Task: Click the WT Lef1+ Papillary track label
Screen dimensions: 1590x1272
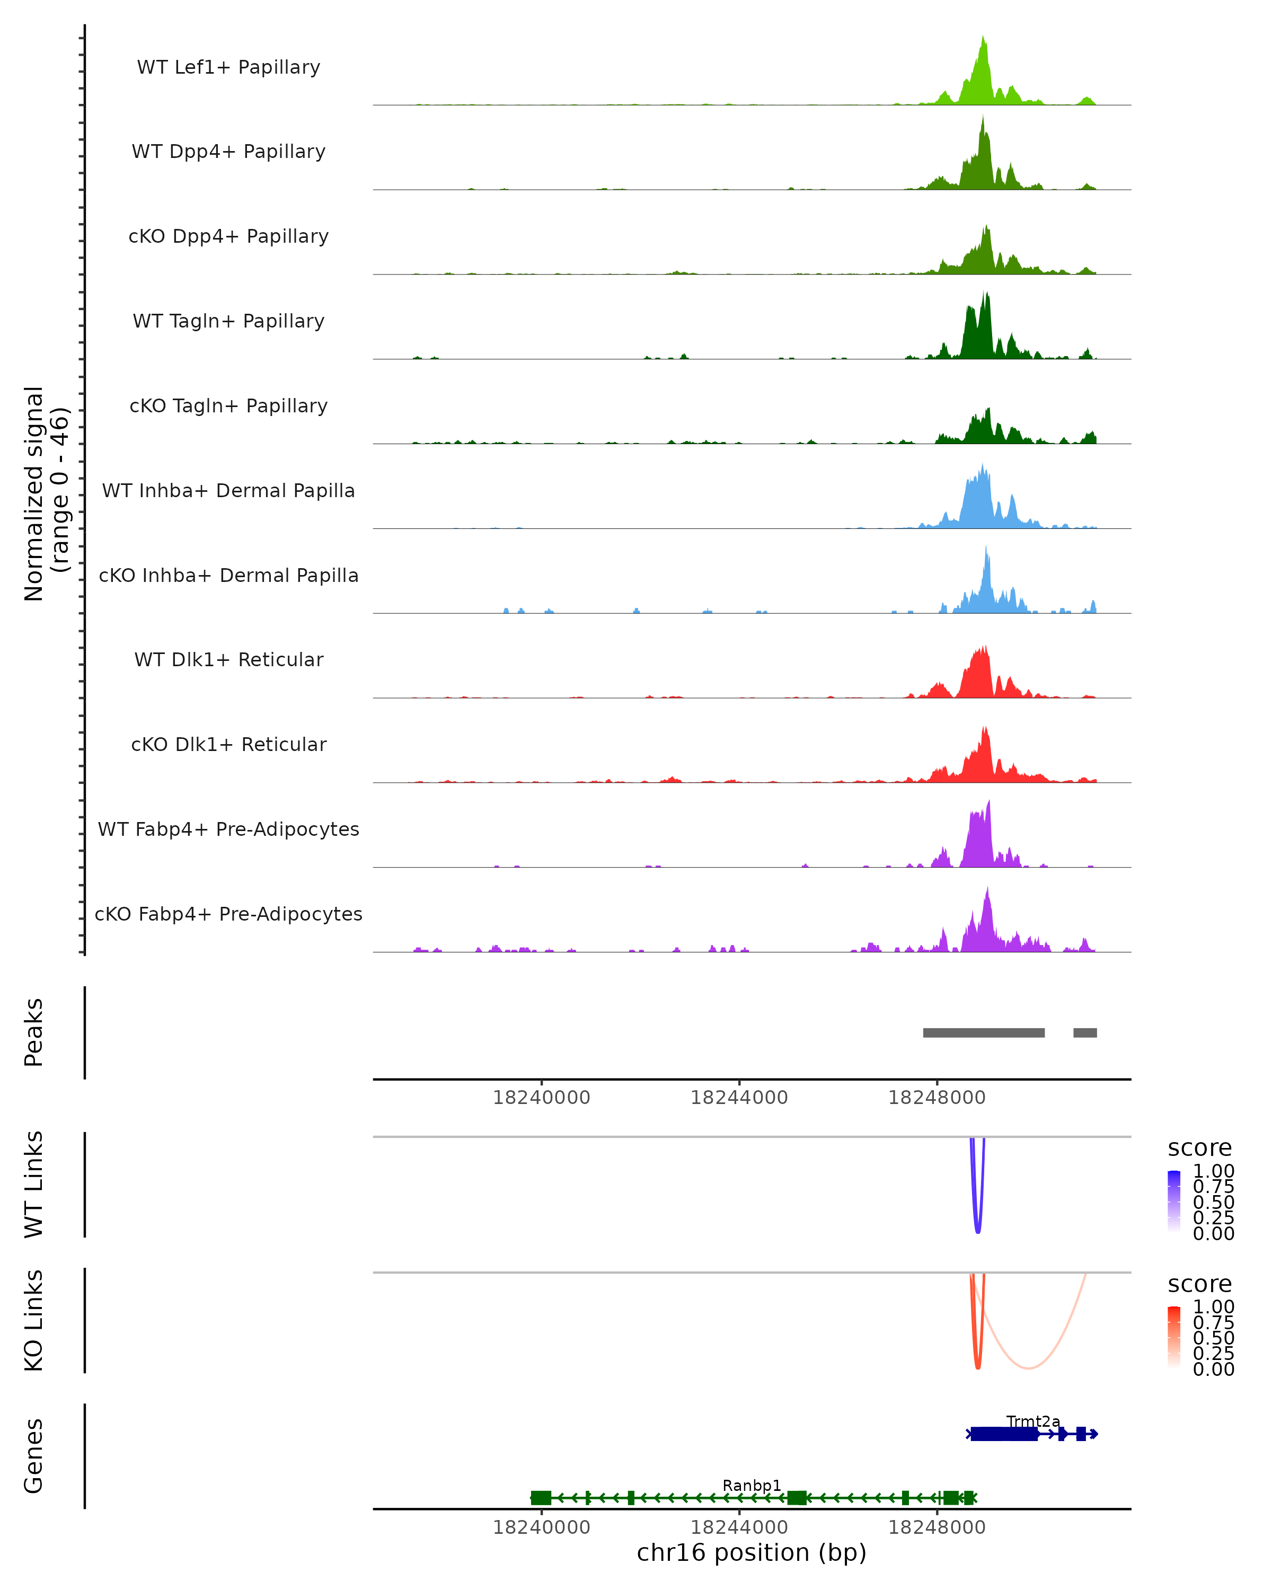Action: coord(228,67)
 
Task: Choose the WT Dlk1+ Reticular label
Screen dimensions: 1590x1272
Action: coord(228,659)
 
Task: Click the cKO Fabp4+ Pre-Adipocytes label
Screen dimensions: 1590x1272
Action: coord(228,914)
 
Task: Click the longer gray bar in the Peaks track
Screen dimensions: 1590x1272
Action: coord(984,1032)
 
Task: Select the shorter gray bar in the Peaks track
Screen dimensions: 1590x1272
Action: coord(1085,1032)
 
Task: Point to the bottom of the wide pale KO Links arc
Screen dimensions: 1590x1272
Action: coord(1028,1368)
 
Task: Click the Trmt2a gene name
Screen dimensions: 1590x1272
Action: coord(1033,1421)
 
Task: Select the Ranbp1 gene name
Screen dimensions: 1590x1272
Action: coord(752,1485)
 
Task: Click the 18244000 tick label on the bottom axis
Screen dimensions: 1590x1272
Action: coord(739,1527)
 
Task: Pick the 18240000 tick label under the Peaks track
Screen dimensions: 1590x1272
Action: coord(541,1098)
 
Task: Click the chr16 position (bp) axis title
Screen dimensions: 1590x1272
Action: coord(752,1553)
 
